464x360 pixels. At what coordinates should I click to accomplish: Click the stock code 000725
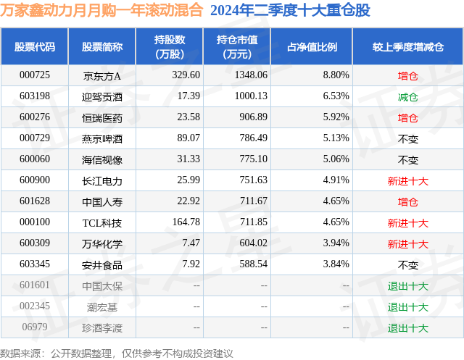(x=34, y=75)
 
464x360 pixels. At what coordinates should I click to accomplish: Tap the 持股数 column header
(x=169, y=46)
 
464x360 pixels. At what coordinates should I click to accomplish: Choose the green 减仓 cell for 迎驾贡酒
(x=408, y=96)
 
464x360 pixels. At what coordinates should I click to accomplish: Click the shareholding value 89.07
(x=188, y=138)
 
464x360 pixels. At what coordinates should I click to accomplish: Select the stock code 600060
(x=34, y=159)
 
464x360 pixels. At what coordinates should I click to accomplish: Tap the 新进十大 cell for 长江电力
(x=408, y=180)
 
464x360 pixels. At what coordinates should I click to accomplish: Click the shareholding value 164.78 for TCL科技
(x=185, y=223)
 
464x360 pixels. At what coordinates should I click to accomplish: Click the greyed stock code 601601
(x=34, y=286)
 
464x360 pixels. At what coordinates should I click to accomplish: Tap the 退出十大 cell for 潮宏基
(x=408, y=307)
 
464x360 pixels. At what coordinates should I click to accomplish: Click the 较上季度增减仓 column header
(x=408, y=46)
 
